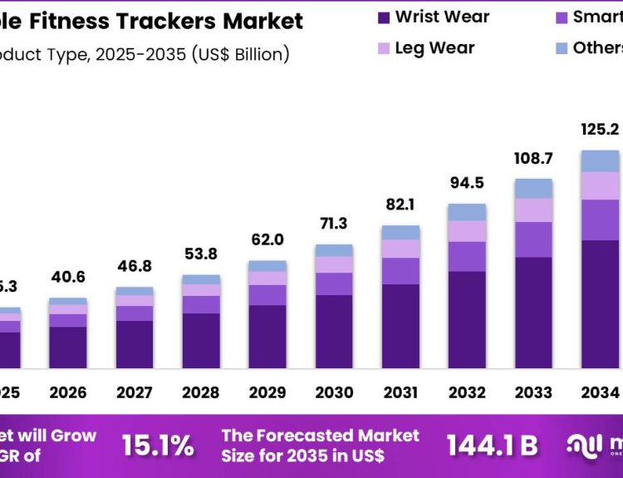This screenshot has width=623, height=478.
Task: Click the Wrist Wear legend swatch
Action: click(x=384, y=17)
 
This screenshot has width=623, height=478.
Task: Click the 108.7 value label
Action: click(x=533, y=157)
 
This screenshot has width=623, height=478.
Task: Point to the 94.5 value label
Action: click(x=467, y=183)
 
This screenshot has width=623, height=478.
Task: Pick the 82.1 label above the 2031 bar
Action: click(x=400, y=205)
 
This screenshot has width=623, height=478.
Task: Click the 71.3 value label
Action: click(x=334, y=224)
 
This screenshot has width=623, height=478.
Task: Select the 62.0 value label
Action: click(x=267, y=240)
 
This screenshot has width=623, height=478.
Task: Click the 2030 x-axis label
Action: click(x=334, y=392)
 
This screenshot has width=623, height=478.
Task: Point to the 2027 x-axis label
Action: click(x=134, y=392)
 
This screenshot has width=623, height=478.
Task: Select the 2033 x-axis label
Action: click(x=533, y=392)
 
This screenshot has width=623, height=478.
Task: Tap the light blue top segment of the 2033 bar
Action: click(x=533, y=188)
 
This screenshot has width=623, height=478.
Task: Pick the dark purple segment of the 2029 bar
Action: click(x=267, y=337)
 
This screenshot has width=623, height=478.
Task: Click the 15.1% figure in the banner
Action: click(x=158, y=446)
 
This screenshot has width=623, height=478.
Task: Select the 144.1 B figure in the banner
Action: click(x=492, y=446)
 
